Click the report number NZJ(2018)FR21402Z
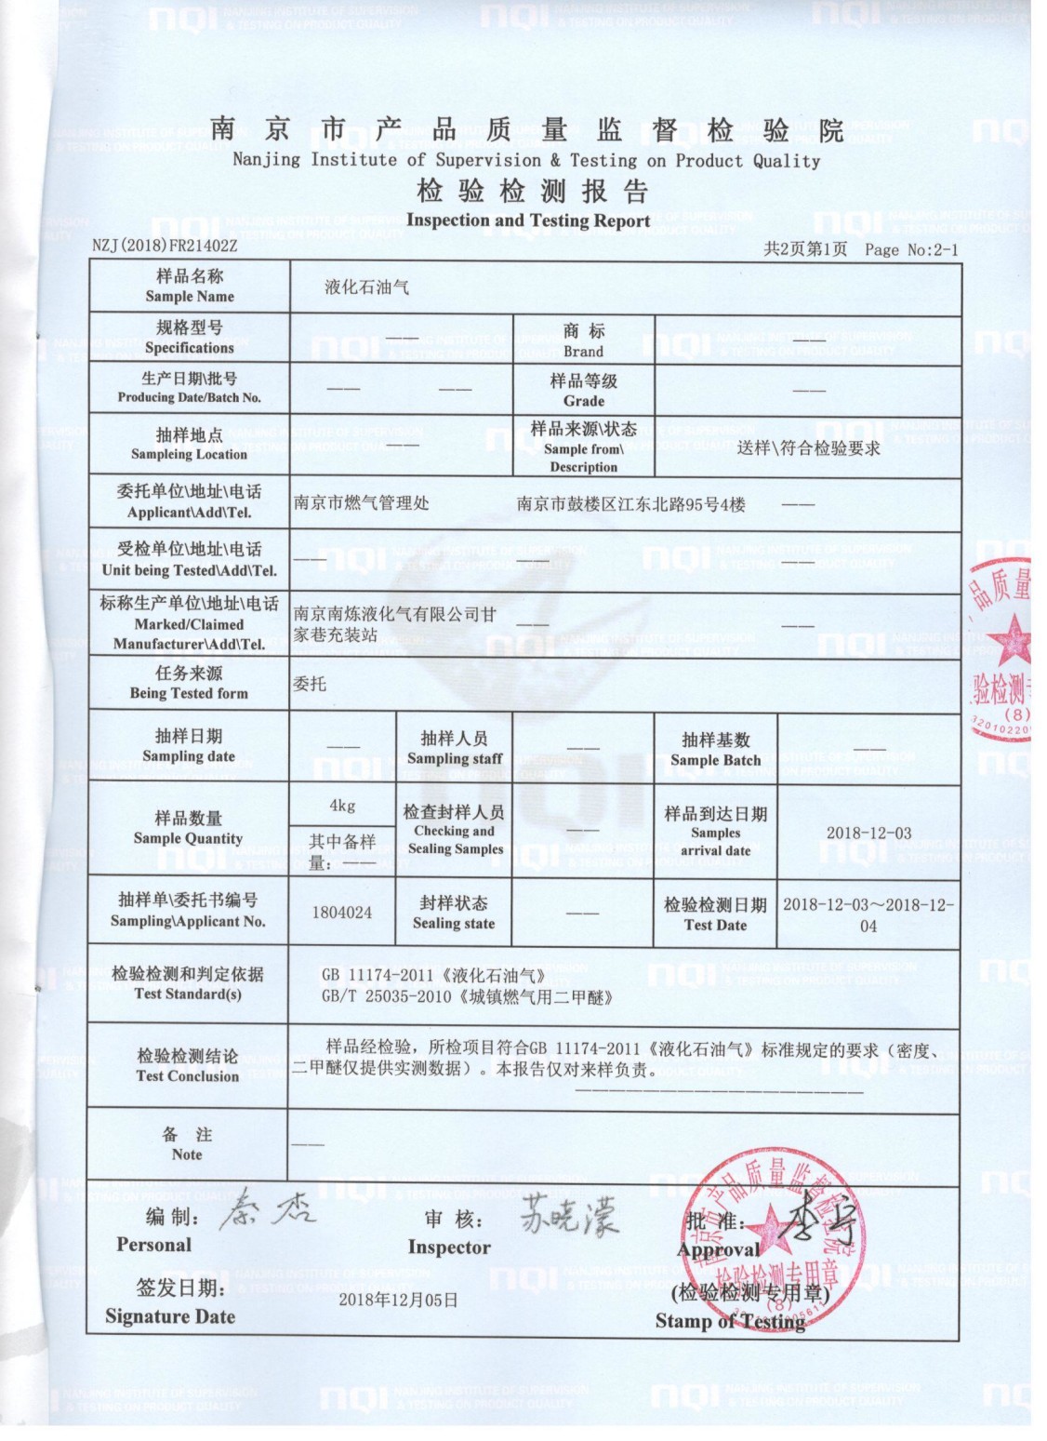coord(165,247)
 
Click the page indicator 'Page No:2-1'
coord(910,249)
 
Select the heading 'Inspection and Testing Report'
coord(527,220)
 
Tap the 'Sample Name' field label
coord(190,287)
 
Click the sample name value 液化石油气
coord(366,287)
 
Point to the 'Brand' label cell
coord(583,340)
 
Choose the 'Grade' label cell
coord(583,391)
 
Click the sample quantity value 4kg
coord(341,806)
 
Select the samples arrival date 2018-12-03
coord(868,833)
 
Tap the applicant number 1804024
coord(341,913)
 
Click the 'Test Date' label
coord(715,914)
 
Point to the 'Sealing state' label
coord(454,913)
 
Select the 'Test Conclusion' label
coord(188,1065)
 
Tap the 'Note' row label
coord(187,1144)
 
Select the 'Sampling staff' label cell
coord(454,748)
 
